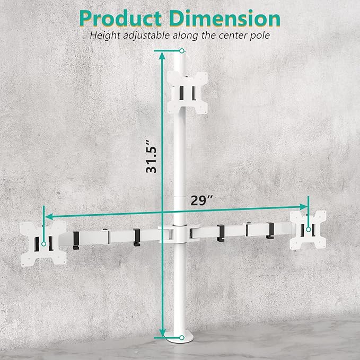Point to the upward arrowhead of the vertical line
[161, 53]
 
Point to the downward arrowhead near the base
[161, 334]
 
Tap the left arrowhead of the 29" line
[47, 217]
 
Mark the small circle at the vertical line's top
[182, 50]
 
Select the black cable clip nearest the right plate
[269, 229]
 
